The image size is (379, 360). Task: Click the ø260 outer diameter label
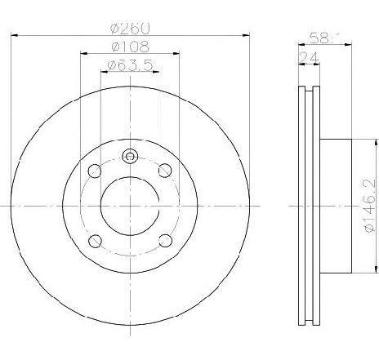click(x=131, y=26)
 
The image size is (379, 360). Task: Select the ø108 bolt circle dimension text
click(x=131, y=46)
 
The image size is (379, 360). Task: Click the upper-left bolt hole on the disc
click(x=95, y=170)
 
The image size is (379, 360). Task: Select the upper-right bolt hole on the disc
click(x=166, y=170)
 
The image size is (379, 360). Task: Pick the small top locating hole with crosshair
click(x=130, y=157)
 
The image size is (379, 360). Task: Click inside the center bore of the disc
click(x=130, y=206)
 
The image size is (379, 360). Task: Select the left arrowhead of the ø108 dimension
click(x=83, y=54)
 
